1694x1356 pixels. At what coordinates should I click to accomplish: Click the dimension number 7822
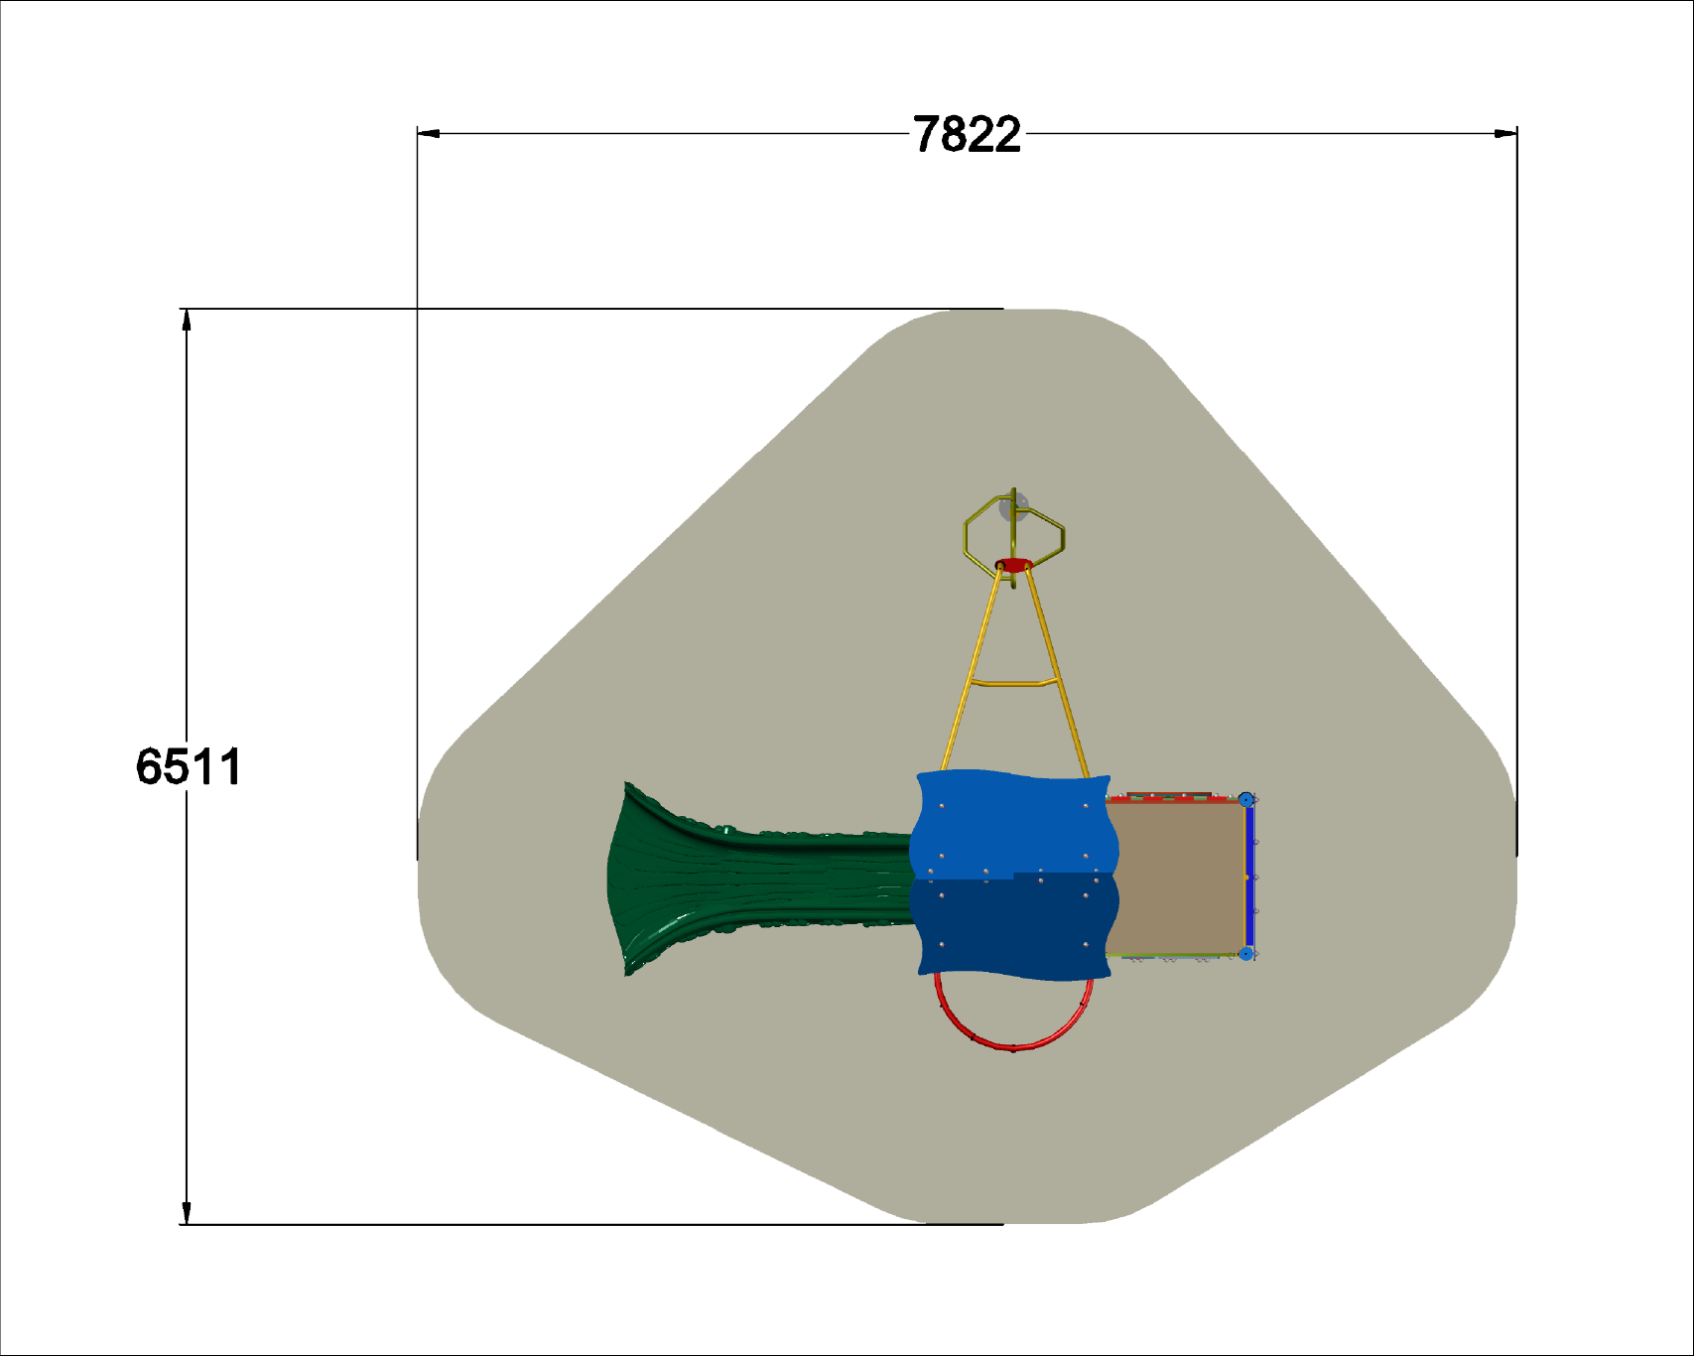(x=967, y=135)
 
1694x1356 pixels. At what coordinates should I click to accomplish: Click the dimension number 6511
(x=189, y=767)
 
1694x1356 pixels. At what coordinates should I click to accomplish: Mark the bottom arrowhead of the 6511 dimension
(x=186, y=1213)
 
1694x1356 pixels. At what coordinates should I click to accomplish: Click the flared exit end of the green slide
(x=635, y=880)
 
